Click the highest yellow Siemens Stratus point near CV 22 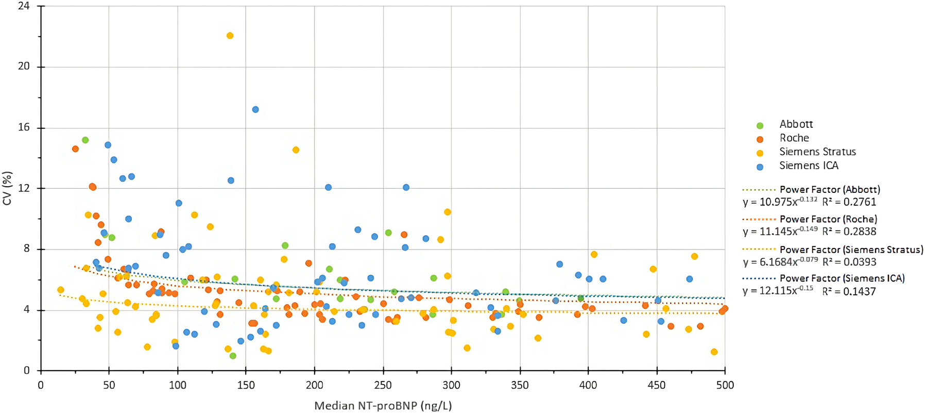[230, 36]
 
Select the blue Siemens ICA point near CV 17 [255, 109]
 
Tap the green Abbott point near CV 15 [85, 140]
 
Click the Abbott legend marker [760, 125]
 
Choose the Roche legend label [794, 138]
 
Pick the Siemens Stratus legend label [817, 152]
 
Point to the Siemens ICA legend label [809, 166]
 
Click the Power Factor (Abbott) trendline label [830, 190]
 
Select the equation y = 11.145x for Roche [780, 232]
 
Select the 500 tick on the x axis [725, 385]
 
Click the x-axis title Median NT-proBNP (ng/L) [383, 406]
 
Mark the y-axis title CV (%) [7, 189]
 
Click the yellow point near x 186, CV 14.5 [296, 150]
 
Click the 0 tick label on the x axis [41, 385]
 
